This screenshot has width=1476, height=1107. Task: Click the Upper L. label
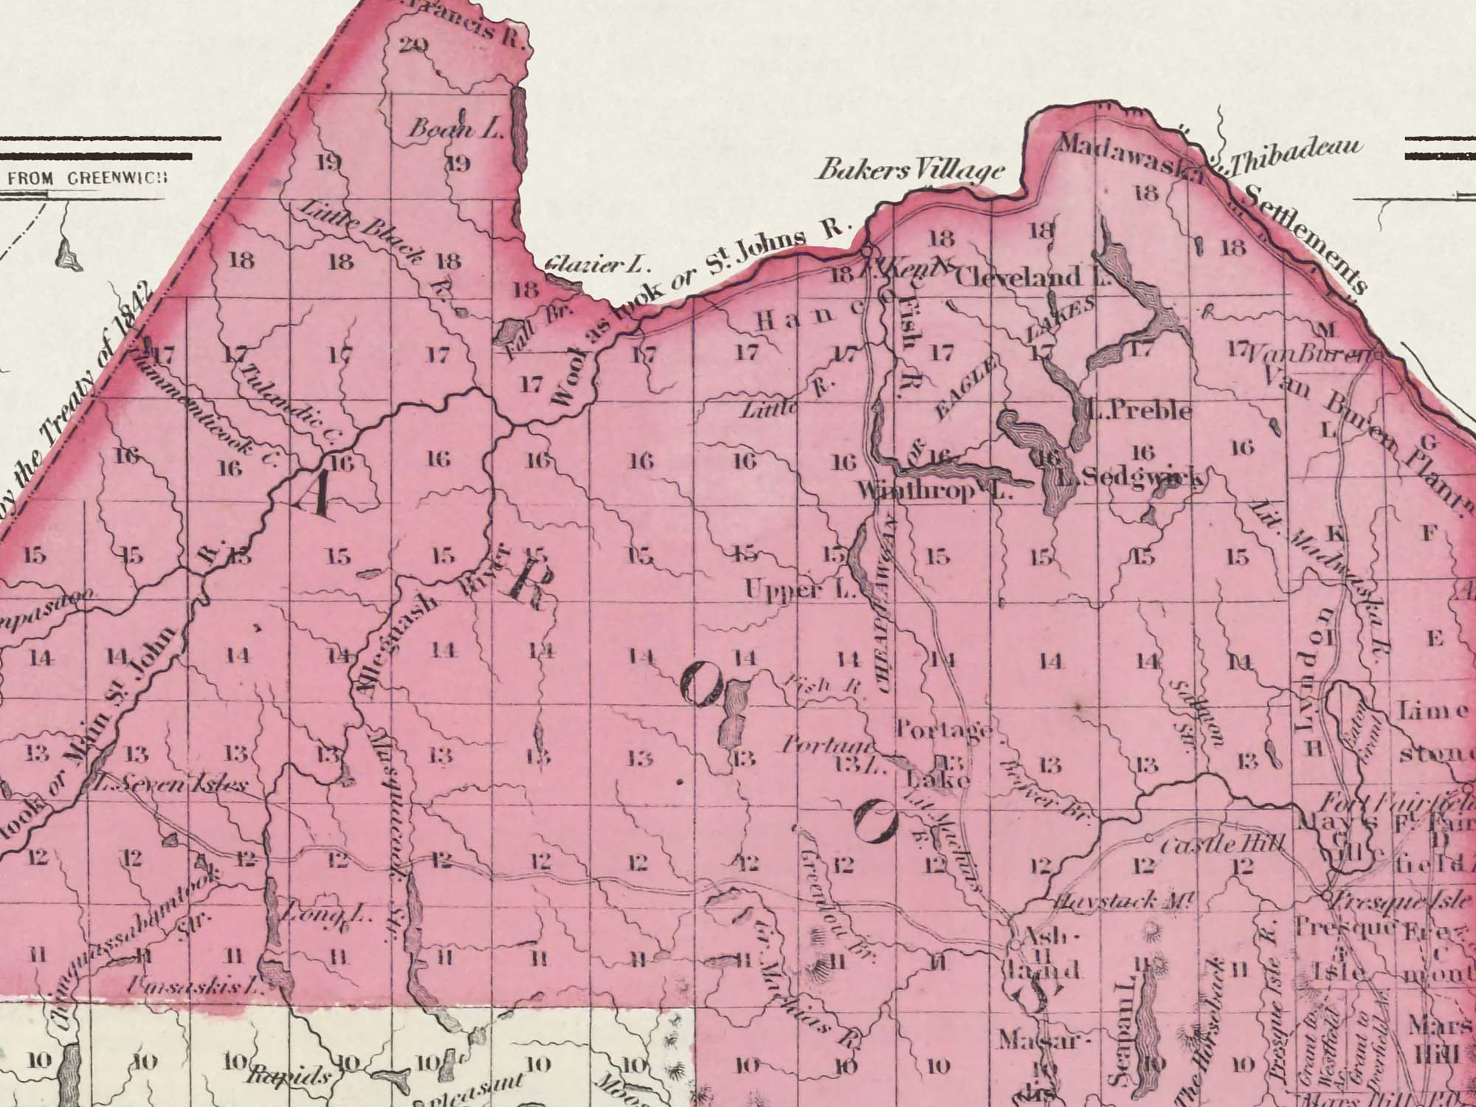(x=800, y=590)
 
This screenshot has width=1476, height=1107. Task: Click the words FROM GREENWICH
(x=87, y=179)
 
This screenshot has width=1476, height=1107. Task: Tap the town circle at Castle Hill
(x=1150, y=838)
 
